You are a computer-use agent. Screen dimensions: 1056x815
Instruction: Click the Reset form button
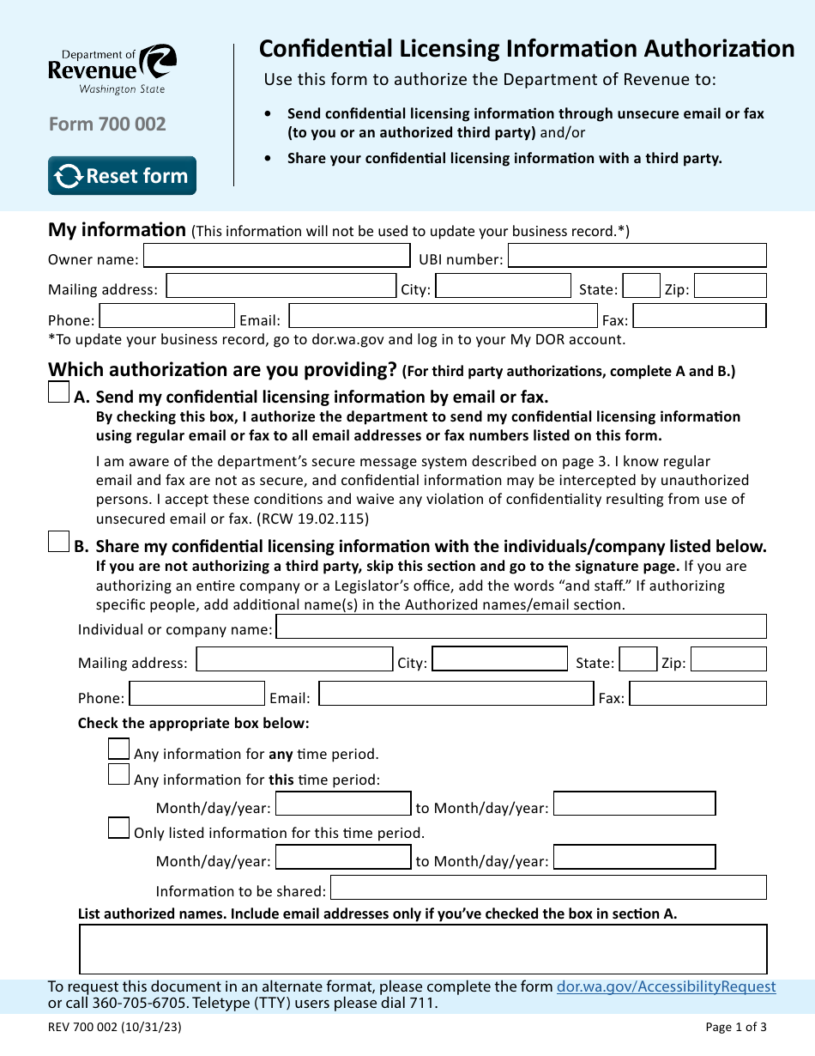click(122, 176)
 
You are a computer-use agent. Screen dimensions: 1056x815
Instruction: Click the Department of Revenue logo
click(112, 69)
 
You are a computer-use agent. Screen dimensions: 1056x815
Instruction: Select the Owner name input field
click(276, 256)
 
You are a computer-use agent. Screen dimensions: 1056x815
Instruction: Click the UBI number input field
click(637, 256)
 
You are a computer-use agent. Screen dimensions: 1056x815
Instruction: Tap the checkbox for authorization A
click(58, 393)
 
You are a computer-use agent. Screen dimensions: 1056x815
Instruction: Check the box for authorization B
click(58, 542)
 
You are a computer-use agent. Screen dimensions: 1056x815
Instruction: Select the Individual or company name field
click(521, 627)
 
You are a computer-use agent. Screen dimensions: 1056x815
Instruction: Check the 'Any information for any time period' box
click(118, 749)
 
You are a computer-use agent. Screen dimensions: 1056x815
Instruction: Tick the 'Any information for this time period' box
click(118, 774)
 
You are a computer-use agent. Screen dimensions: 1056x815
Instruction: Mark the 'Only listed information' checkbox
click(118, 828)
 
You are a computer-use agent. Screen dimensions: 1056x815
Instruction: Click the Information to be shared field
click(548, 888)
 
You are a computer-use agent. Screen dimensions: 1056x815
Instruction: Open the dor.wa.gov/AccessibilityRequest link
click(666, 987)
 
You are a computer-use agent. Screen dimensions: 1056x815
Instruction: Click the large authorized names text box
click(423, 949)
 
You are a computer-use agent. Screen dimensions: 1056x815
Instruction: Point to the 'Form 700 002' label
click(107, 124)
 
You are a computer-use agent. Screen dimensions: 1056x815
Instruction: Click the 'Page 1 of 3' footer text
click(735, 1027)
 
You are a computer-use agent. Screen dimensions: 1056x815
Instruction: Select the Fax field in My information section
click(698, 316)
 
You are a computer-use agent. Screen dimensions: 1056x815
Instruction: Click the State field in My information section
click(641, 286)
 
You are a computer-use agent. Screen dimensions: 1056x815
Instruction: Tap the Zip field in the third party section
click(727, 659)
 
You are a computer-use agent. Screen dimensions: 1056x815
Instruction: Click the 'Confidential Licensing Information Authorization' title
click(527, 49)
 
